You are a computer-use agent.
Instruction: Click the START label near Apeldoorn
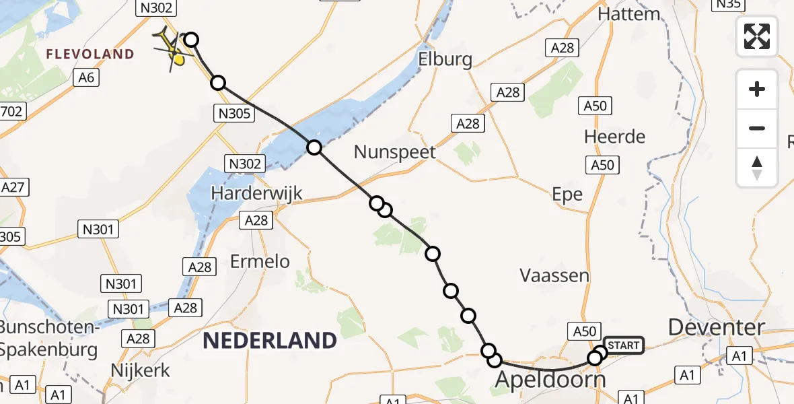coord(624,345)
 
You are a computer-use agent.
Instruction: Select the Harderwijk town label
coord(256,193)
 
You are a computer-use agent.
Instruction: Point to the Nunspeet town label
coord(395,151)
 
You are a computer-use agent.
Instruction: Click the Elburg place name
coord(445,59)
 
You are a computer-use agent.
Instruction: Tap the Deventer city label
coord(717,327)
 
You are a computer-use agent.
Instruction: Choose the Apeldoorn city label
coord(550,379)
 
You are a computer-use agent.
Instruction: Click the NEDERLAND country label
coord(269,341)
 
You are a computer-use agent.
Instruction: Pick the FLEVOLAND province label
coord(89,54)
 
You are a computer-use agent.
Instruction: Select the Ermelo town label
coord(260,261)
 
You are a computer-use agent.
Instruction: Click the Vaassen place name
coord(554,275)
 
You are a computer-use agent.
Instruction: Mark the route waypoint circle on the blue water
coord(314,147)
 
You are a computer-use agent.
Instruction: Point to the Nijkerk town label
coord(140,370)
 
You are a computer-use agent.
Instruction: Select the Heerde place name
coord(614,137)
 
